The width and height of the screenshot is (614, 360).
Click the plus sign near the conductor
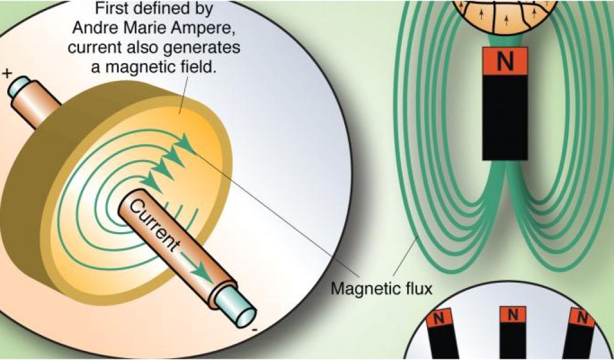click(x=8, y=74)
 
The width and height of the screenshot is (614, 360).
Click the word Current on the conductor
click(x=154, y=226)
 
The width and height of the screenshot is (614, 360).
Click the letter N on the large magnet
click(x=505, y=62)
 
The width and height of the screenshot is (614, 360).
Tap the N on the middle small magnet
click(x=512, y=315)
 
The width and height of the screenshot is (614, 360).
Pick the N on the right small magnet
click(x=580, y=317)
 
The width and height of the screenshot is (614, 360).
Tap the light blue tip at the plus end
click(x=20, y=87)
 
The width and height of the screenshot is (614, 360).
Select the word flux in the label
click(x=419, y=289)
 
